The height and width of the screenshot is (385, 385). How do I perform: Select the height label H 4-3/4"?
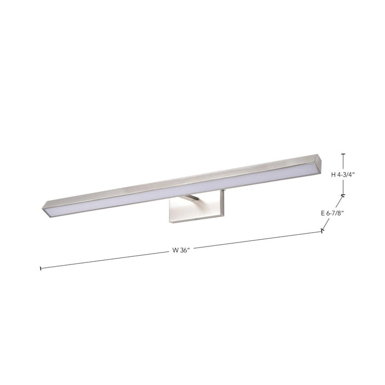(344, 175)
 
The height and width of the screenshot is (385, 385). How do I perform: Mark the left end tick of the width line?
(41, 268)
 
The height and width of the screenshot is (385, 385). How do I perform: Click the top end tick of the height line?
(343, 154)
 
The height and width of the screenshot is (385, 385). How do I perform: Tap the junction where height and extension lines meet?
(343, 195)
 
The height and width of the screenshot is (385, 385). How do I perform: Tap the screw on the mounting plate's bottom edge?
(196, 219)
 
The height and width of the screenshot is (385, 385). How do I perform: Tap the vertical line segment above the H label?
(343, 162)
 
